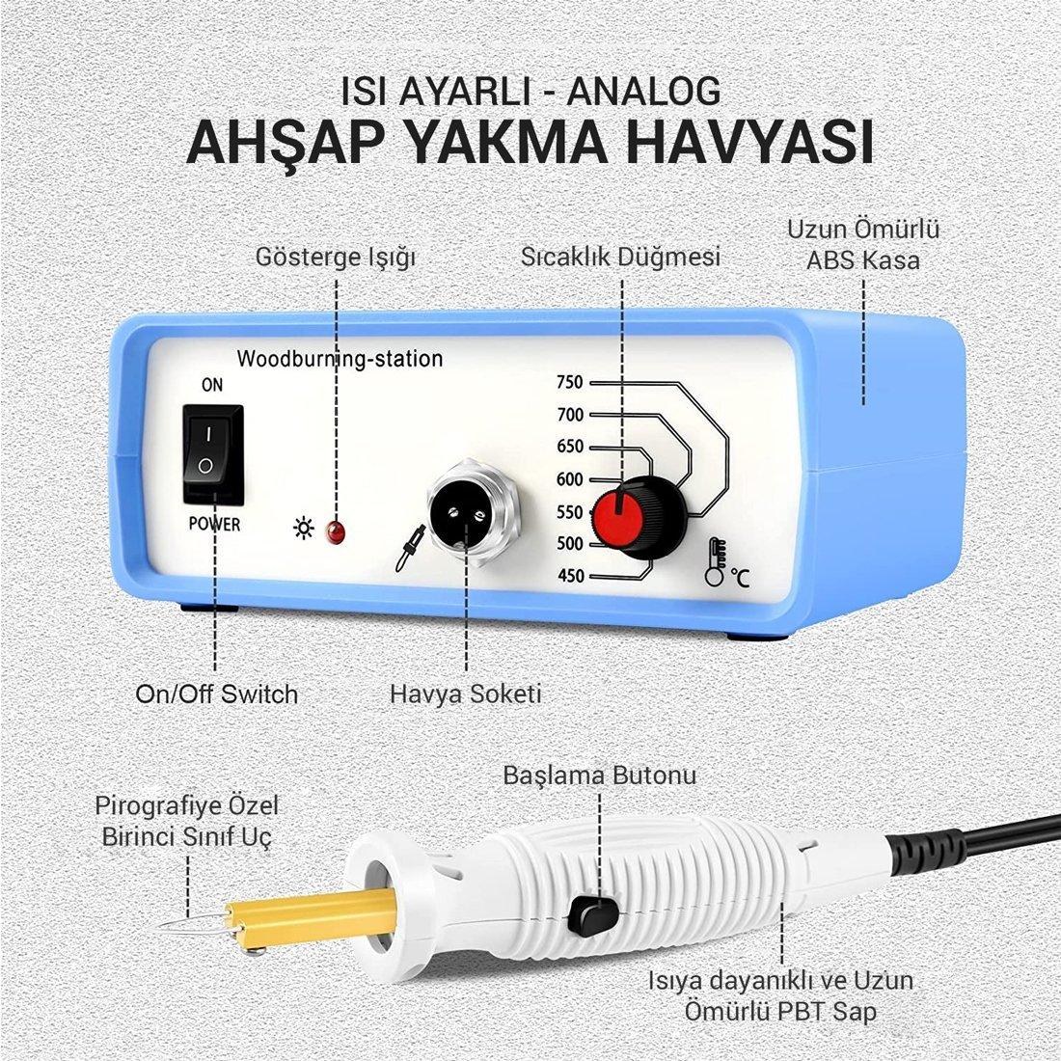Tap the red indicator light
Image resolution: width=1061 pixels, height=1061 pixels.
click(x=335, y=531)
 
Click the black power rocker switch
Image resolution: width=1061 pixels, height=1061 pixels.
click(x=212, y=453)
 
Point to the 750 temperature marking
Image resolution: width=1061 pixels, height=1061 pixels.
click(x=570, y=382)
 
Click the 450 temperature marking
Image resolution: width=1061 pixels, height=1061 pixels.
click(x=570, y=577)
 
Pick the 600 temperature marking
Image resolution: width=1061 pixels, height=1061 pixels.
click(x=570, y=479)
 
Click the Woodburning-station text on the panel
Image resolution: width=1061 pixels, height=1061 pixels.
click(x=340, y=360)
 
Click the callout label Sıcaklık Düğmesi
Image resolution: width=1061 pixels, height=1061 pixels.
click(x=621, y=258)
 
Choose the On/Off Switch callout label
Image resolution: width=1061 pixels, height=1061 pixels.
click(x=216, y=693)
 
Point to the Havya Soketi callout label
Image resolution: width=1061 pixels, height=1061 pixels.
click(x=466, y=693)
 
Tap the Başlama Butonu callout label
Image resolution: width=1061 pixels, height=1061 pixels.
click(x=599, y=775)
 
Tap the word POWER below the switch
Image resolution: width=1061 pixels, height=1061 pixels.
click(x=211, y=526)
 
